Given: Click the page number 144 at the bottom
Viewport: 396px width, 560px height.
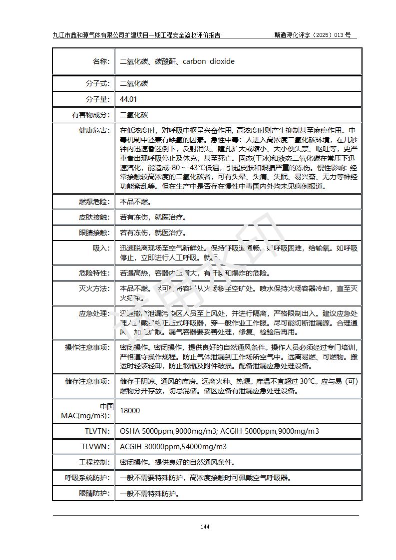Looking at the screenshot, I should [205, 527].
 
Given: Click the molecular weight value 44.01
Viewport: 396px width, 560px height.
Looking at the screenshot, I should [128, 99].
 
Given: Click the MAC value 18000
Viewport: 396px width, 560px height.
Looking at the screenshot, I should [130, 411].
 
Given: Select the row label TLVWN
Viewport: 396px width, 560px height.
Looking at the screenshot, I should [96, 447].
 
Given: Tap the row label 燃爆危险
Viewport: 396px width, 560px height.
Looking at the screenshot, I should [93, 202].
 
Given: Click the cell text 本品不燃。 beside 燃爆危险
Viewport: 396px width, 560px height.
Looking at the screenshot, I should [135, 202].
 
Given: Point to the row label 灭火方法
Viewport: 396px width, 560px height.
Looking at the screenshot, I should [93, 288].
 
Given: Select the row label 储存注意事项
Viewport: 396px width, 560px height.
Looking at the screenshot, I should [86, 381].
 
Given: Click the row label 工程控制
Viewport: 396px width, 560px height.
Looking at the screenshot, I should [93, 462].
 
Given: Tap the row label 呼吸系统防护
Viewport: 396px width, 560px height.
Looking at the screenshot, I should [86, 478].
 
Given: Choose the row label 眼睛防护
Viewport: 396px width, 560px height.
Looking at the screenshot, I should [93, 493].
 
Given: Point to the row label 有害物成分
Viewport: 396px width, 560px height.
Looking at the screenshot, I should [90, 115].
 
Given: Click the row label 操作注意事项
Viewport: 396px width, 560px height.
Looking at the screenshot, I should [86, 347].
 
